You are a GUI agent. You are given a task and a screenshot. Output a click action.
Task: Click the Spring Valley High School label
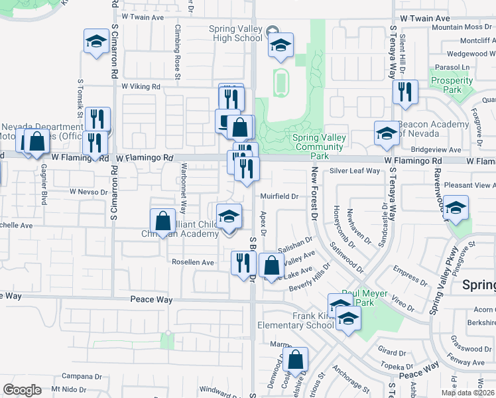click(x=235, y=33)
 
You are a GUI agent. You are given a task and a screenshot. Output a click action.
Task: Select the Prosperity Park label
click(x=451, y=85)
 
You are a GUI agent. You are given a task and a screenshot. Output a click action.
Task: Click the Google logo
click(x=23, y=390)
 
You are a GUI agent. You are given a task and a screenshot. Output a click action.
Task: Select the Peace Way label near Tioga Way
click(x=151, y=300)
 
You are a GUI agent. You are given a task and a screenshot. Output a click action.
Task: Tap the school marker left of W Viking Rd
click(x=96, y=42)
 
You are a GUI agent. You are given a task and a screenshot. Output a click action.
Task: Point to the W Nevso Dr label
click(x=89, y=192)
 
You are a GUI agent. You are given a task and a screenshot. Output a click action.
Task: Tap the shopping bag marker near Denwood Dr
click(x=295, y=360)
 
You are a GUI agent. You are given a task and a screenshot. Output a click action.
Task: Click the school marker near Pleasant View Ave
click(x=455, y=209)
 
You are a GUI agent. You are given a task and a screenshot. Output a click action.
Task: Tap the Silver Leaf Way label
click(x=355, y=171)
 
